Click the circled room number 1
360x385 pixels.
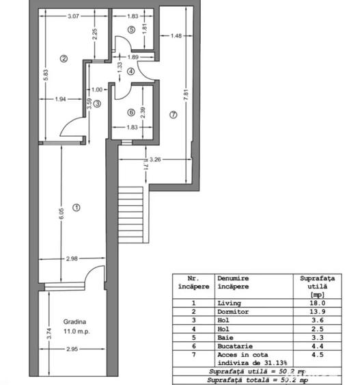click(x=77, y=207)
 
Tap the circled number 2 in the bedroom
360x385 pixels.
click(x=63, y=58)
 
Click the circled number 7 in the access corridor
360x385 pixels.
click(x=173, y=116)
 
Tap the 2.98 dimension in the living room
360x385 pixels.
click(x=72, y=258)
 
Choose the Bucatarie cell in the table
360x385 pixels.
click(x=235, y=345)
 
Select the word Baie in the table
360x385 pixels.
click(x=225, y=336)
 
